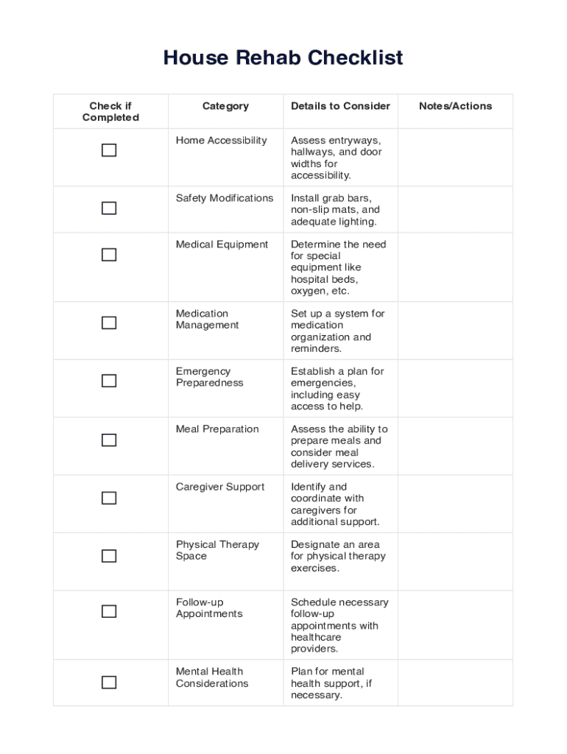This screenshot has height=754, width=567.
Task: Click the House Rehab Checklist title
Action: click(x=283, y=57)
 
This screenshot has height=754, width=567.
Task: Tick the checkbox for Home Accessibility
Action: click(x=109, y=150)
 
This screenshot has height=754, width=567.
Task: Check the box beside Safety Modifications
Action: click(x=109, y=208)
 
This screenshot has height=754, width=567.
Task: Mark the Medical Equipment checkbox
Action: click(x=109, y=255)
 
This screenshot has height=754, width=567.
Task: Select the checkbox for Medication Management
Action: click(x=109, y=323)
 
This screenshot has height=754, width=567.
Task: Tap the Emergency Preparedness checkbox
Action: click(x=109, y=381)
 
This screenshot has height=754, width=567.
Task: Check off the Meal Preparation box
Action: click(x=109, y=440)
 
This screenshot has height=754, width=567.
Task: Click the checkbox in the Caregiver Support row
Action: click(x=109, y=498)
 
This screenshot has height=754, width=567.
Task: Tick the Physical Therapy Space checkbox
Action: click(x=109, y=556)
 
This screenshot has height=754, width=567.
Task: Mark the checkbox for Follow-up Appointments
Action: click(x=109, y=611)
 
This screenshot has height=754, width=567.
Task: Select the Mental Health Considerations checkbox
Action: click(x=109, y=682)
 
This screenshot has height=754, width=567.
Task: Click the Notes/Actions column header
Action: click(x=455, y=106)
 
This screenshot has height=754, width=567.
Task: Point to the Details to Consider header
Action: click(x=340, y=106)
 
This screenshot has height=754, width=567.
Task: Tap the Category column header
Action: click(x=225, y=106)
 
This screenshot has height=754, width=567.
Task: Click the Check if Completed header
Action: click(x=110, y=112)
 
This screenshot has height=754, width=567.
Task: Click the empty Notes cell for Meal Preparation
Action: click(x=455, y=446)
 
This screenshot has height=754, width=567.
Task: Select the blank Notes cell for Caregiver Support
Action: click(x=455, y=504)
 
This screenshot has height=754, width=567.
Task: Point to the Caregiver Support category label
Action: click(x=219, y=487)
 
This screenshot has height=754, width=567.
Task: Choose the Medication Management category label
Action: click(x=207, y=320)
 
